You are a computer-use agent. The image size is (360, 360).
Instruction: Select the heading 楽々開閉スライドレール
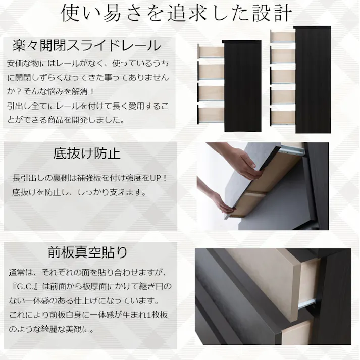tap(86, 45)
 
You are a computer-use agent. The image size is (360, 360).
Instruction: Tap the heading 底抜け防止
tap(87, 153)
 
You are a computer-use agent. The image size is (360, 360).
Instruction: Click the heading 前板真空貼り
tap(87, 251)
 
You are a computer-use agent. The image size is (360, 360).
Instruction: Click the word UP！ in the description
tap(158, 178)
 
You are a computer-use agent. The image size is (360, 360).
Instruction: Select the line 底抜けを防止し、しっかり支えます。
tap(79, 192)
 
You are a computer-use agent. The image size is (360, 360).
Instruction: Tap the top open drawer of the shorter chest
tap(210, 52)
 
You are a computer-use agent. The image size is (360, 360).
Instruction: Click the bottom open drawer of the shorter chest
tap(210, 113)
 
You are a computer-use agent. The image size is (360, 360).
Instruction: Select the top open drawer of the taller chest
tap(282, 37)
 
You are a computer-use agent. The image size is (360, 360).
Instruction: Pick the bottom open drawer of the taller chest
tap(282, 116)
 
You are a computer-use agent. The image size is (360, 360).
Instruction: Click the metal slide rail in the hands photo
tap(292, 150)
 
